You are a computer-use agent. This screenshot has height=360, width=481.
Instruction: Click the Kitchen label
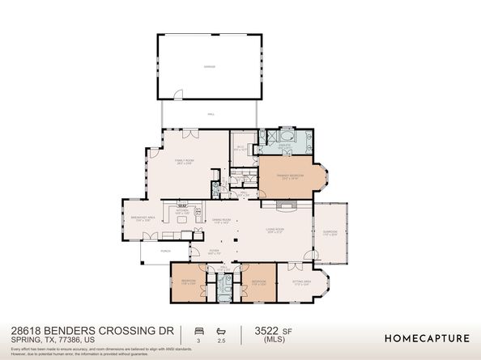click(x=183, y=213)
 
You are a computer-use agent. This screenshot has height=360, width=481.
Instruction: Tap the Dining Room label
click(x=222, y=221)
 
